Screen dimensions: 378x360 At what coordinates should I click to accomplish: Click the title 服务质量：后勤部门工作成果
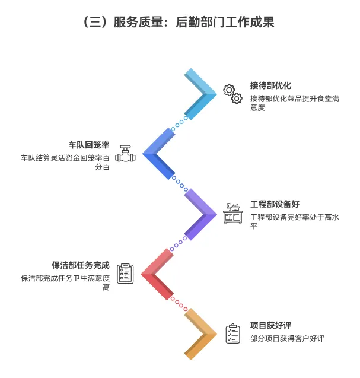pos(180,23)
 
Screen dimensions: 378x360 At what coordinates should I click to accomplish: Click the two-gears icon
pos(232,94)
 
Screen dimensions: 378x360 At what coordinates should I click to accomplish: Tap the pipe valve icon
pos(125,154)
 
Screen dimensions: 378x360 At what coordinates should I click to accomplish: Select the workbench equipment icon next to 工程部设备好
pos(232,213)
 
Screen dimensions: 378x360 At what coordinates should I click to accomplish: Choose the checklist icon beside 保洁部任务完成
pos(125,274)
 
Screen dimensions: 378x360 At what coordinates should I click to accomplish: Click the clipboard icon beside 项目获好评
pos(232,333)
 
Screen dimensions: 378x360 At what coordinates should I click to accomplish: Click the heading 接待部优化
pos(270,85)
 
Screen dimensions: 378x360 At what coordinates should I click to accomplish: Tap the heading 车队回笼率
pos(89,145)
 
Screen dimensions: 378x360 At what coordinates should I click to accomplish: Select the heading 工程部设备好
pos(275,204)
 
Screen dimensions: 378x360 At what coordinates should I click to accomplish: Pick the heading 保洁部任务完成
pos(81,265)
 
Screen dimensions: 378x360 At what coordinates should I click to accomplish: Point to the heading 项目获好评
pos(270,325)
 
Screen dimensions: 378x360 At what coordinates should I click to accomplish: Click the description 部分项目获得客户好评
pos(287,338)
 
